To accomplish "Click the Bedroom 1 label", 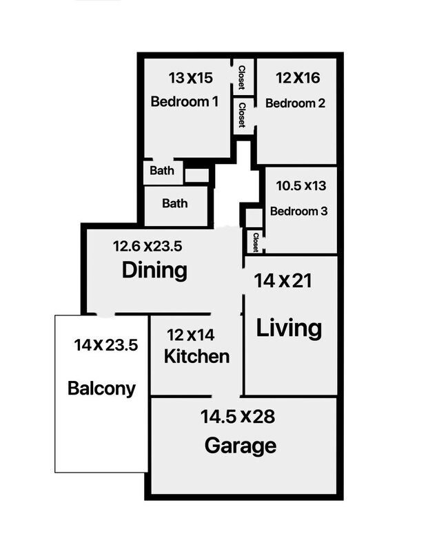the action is click(x=184, y=102).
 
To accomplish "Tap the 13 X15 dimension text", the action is click(x=191, y=78).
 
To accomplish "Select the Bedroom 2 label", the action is click(x=296, y=103).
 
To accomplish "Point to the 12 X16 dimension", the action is click(x=298, y=78).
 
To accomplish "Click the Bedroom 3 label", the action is click(x=298, y=211).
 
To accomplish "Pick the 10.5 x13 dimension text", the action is click(x=301, y=186).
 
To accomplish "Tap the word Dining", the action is click(x=154, y=270).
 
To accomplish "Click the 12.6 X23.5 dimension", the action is click(x=147, y=246).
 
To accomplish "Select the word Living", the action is click(x=289, y=328).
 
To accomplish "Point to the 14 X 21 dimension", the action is click(x=283, y=281).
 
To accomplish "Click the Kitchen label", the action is click(x=197, y=356).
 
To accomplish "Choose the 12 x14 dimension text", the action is click(x=191, y=335).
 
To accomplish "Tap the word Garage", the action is click(x=241, y=446).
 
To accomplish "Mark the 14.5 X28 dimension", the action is click(x=238, y=417).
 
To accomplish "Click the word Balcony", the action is click(x=102, y=388).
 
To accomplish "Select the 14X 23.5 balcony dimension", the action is click(x=106, y=345).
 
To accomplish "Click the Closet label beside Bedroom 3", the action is click(x=256, y=242).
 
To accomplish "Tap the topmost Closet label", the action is click(x=242, y=77).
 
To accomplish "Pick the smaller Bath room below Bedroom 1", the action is click(x=163, y=173).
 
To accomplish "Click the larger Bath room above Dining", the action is click(x=176, y=206).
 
